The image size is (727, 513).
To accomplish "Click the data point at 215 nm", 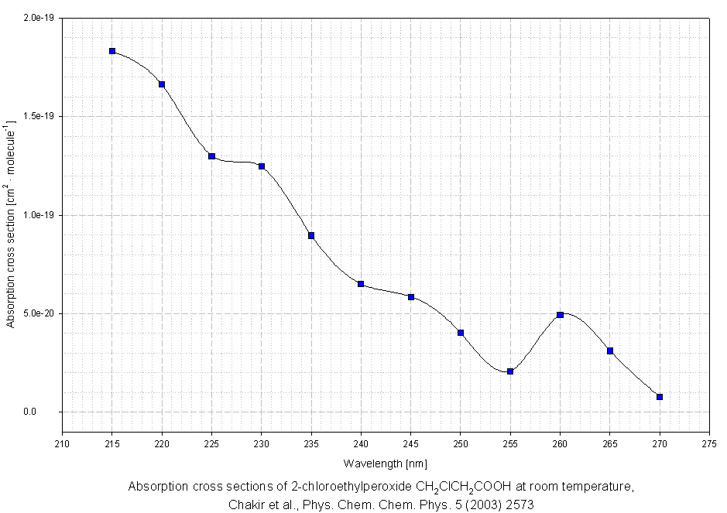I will [x=112, y=51].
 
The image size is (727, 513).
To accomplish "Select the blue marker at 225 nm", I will [x=211, y=156].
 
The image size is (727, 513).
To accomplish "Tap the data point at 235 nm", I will [x=311, y=235].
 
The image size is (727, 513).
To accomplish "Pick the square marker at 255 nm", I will [x=510, y=371].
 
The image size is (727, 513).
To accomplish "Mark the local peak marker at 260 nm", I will [x=560, y=315].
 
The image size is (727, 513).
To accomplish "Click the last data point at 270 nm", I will [x=660, y=397].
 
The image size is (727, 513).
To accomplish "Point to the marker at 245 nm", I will [x=411, y=297].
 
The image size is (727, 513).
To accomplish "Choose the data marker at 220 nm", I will [x=162, y=84].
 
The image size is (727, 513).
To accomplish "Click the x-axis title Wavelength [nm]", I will [x=385, y=463].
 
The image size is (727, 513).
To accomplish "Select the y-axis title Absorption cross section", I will [x=12, y=224].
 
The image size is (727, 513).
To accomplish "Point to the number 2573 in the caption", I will [x=520, y=504].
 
